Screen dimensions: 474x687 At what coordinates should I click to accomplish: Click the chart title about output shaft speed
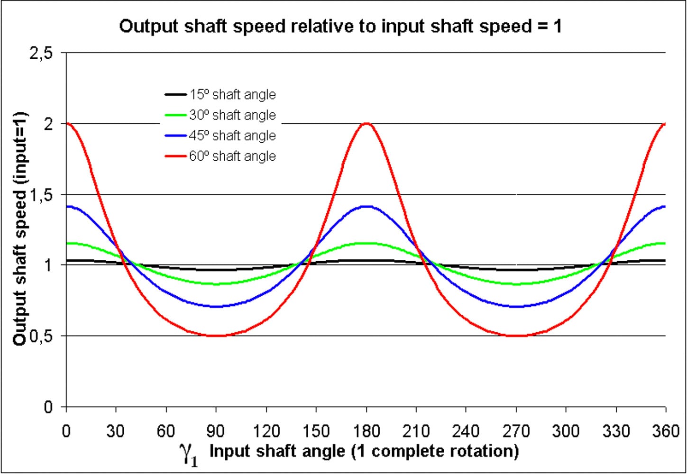tap(340, 26)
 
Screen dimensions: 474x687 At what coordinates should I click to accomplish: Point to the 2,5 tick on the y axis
tap(41, 54)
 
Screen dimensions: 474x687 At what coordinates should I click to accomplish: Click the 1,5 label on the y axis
tap(41, 195)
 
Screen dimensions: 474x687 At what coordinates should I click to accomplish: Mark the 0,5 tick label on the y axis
tap(41, 337)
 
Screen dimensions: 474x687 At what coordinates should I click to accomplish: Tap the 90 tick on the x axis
tap(216, 431)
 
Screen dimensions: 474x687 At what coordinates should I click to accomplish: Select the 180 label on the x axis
tap(366, 431)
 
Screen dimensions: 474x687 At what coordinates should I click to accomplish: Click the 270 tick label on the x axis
tap(516, 431)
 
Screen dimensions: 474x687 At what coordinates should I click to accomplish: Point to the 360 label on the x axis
tap(666, 431)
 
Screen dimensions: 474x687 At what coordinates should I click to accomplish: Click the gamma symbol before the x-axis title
tap(188, 453)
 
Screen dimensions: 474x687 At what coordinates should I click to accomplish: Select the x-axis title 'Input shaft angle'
tap(364, 451)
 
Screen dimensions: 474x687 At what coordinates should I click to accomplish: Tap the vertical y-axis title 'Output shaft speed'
tap(20, 229)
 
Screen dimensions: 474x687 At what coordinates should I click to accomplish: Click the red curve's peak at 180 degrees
tap(366, 124)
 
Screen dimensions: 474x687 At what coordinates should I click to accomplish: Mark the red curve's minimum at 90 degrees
tap(216, 336)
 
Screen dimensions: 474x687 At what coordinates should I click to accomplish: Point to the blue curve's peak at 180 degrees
tap(366, 207)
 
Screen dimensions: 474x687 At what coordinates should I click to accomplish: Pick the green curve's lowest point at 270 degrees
tap(516, 284)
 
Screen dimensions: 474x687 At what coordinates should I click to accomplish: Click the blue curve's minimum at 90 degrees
tap(216, 307)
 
